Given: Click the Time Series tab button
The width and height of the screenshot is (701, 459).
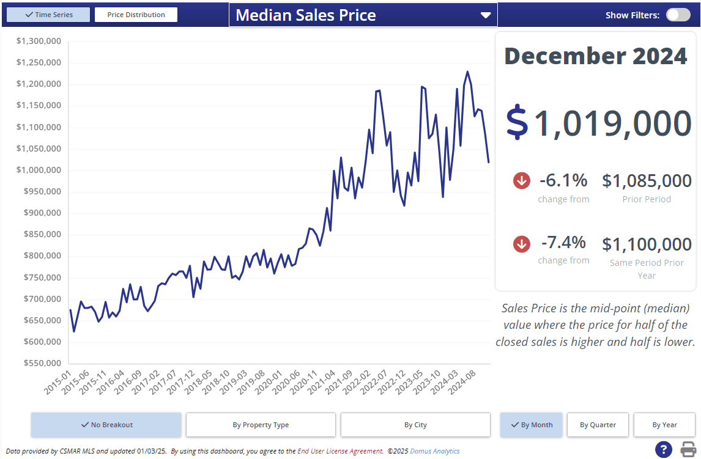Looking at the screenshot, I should tap(48, 15).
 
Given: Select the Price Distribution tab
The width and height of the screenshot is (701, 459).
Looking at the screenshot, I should tap(136, 15).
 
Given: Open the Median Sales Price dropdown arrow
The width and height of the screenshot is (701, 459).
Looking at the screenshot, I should tap(486, 15).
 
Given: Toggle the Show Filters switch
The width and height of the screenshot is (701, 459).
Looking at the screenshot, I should tap(678, 15).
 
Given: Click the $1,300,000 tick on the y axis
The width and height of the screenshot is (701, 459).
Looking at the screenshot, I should tap(39, 41).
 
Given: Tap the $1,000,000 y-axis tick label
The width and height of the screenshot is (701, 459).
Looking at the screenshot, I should tap(39, 170).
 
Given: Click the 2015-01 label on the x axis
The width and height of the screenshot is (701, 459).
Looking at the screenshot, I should tap(59, 382).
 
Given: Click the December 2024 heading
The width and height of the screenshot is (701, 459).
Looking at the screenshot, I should tap(595, 56).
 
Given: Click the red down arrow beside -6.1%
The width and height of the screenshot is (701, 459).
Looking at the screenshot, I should tap(522, 180).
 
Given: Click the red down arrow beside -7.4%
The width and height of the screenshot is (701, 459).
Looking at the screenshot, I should tap(522, 244).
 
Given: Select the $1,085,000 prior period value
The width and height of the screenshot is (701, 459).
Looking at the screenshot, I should tap(647, 181).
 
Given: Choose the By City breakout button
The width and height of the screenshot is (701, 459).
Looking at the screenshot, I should tap(415, 425).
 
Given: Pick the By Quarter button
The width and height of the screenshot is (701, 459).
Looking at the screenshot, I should tap(598, 425).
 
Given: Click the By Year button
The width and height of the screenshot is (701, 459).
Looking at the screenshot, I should tap(664, 425).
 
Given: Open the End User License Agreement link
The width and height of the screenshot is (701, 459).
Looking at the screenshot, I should tap(340, 451).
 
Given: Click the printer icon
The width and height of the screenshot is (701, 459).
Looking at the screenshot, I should tap(688, 449).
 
